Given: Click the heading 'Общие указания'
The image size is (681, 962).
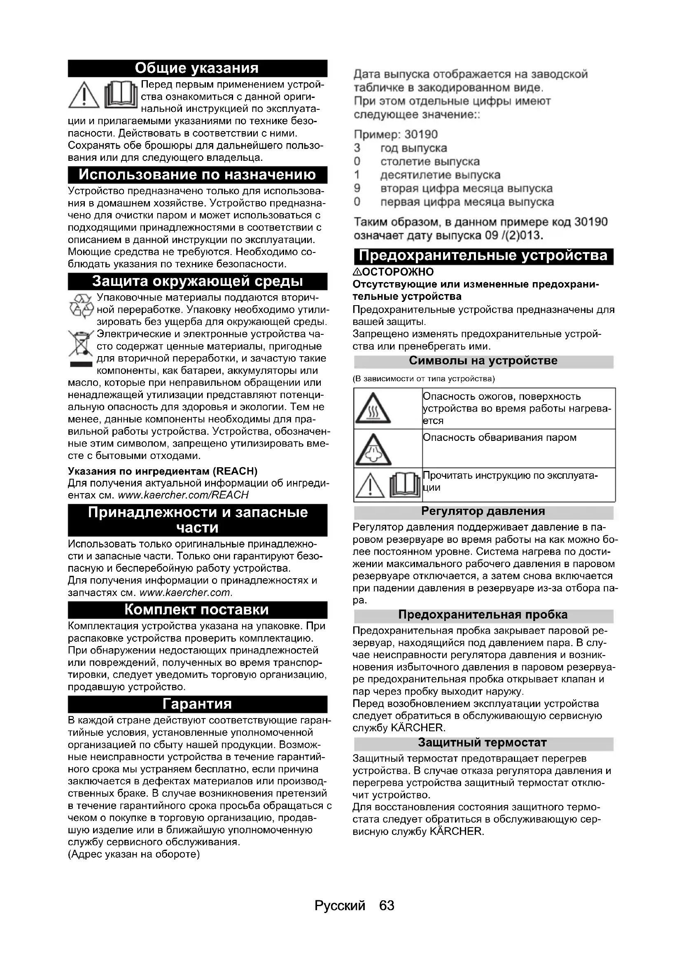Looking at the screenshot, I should pos(197,68).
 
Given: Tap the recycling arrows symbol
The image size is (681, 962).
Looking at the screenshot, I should pos(81,306).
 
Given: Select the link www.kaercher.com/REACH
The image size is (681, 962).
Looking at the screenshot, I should pos(183,495).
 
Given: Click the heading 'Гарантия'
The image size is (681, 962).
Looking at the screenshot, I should pos(197,703).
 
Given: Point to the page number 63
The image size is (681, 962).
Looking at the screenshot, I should pos(386,905).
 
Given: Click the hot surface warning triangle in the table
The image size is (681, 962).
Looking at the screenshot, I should pos(373,408).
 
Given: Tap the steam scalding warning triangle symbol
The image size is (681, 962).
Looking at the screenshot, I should pos(373,450).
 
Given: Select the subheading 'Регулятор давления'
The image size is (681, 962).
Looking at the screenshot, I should pos(483,511).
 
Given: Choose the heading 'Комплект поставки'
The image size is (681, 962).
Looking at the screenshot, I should pos(197,609).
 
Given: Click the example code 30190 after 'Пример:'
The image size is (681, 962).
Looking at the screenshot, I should pos(421,134).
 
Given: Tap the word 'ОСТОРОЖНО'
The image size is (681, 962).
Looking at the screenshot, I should pos(397,272).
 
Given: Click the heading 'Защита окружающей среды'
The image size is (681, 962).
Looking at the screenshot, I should pos(197,281).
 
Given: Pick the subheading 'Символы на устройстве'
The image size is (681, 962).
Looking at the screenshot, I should pos(483,361).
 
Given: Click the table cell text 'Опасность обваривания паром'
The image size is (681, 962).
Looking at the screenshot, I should pos(499,438).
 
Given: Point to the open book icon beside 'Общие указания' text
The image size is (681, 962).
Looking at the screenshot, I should pos(121,95).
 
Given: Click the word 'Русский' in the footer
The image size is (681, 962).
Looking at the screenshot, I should pos(340,905).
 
